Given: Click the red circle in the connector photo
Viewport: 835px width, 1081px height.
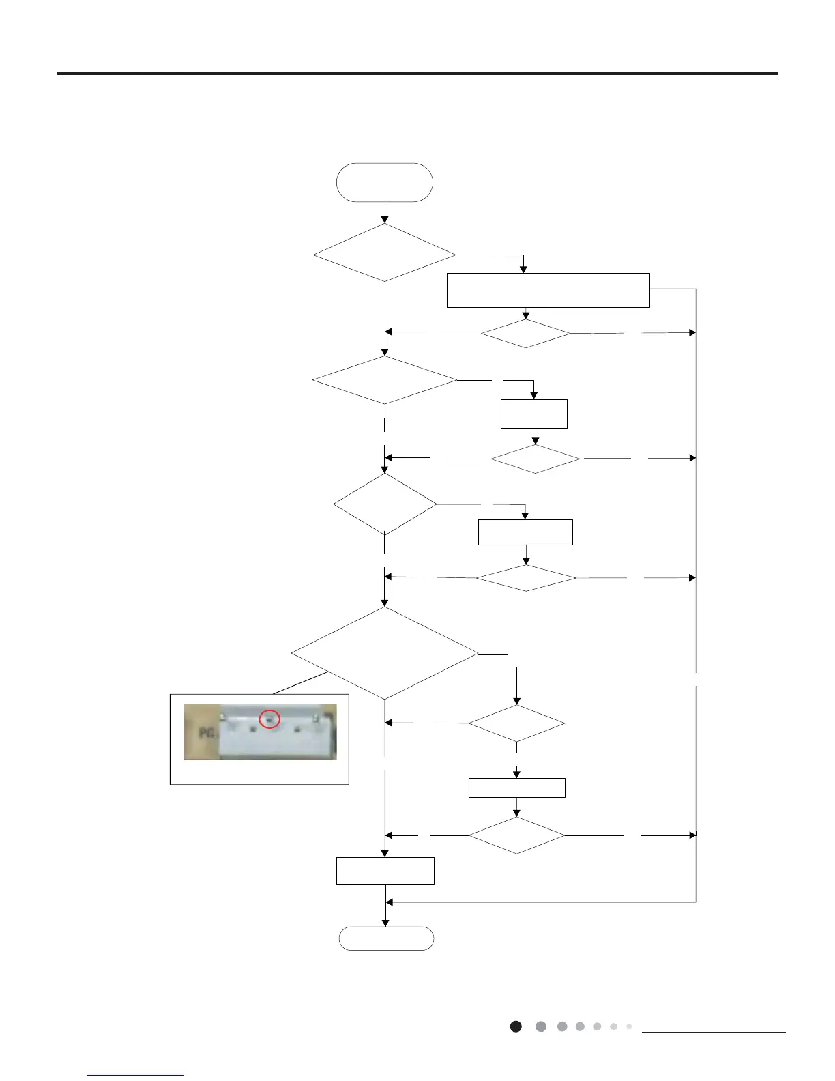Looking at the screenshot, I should (270, 718).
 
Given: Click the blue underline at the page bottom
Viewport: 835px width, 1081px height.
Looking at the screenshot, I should (135, 1075).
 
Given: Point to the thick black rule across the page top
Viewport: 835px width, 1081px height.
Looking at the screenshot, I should (417, 73).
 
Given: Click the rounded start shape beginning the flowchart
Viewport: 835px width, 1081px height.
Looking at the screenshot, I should (385, 182).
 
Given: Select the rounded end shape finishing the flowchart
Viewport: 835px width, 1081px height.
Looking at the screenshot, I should (386, 938).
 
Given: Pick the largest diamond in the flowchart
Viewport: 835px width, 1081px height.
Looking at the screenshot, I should (385, 653).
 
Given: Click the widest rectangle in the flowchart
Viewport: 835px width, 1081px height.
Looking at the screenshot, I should (548, 291).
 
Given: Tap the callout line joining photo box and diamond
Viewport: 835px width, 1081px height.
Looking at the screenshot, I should (301, 683).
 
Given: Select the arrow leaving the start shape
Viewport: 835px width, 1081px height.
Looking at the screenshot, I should (385, 213).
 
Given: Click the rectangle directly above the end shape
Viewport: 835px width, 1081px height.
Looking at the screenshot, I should (385, 871).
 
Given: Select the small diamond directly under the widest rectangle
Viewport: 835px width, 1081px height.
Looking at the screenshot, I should (525, 334).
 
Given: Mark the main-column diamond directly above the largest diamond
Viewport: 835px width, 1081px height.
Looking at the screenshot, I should (385, 504).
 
